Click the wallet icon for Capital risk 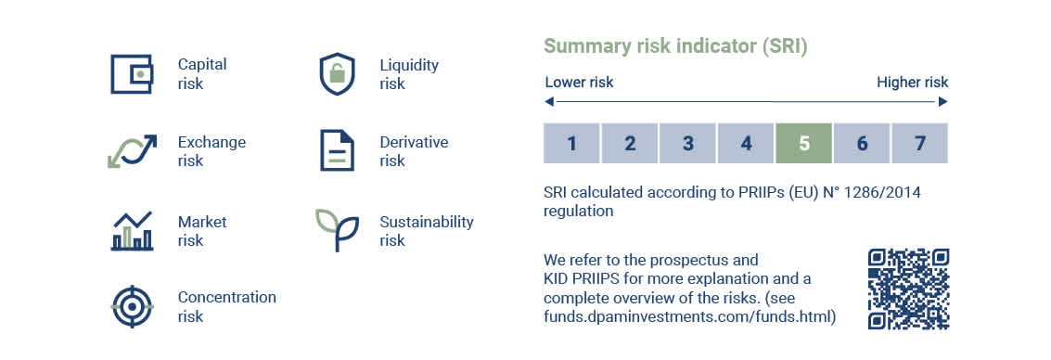pos(132,73)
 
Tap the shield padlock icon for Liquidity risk pos(337,73)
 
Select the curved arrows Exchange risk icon pos(132,151)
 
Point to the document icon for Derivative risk pos(337,151)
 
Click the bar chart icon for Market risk pos(132,231)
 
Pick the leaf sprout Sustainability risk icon pos(337,229)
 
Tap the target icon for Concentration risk pos(132,307)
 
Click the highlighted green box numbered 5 pos(803,144)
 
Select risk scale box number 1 pos(571,144)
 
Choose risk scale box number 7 pos(919,144)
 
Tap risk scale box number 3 pos(687,144)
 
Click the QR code pos(909,289)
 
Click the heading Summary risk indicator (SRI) pos(675,47)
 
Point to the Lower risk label pos(579,83)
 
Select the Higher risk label pos(912,84)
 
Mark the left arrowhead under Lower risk pos(549,102)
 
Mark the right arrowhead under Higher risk pos(943,102)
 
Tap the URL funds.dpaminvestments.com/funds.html pos(690,317)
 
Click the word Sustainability pos(427,223)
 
